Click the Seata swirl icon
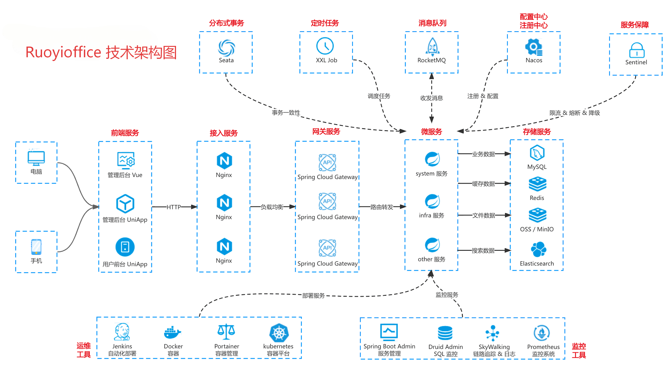226,48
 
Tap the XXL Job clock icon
325,46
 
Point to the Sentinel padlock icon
637,50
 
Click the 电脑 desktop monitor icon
36,158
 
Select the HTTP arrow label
174,207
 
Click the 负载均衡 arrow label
272,207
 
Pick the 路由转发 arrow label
382,207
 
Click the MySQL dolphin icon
537,153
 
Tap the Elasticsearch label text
537,264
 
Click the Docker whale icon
172,332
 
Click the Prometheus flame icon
542,333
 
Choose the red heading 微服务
431,131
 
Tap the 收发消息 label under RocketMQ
431,98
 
